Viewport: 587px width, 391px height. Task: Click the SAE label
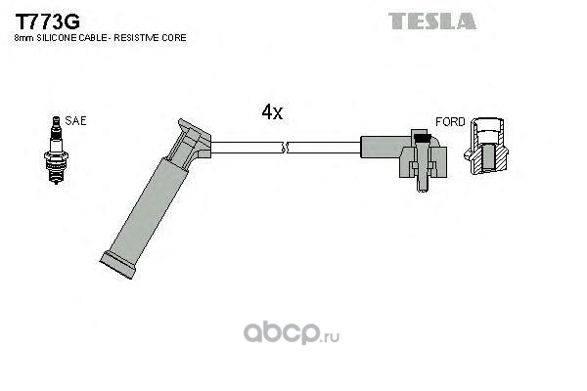coord(75,121)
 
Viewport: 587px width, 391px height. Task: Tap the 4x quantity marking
coord(272,112)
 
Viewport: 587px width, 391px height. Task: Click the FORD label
coord(450,121)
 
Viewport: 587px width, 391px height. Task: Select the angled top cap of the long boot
coord(192,137)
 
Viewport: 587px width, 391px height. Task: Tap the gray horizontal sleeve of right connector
coord(384,147)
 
